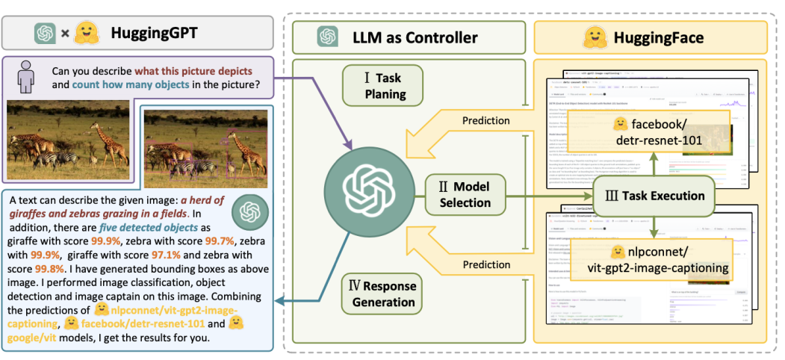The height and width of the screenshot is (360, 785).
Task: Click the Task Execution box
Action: (654, 196)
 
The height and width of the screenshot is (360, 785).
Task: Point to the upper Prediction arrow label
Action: (485, 120)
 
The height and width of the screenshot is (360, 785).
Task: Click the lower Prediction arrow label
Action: (485, 265)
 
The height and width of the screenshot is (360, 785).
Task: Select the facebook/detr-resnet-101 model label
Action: (648, 131)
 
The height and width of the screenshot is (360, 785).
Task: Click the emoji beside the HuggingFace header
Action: (593, 37)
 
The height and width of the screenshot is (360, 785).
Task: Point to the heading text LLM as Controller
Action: (415, 37)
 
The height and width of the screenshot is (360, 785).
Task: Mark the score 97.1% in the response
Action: (187, 255)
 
